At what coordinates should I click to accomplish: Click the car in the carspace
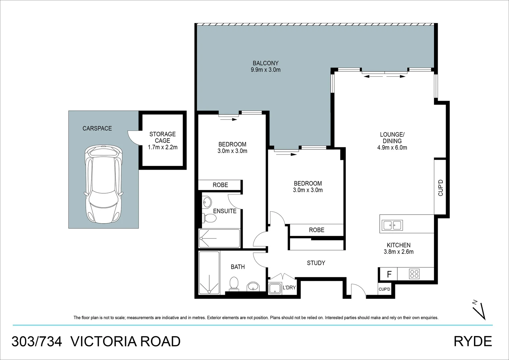click(x=103, y=184)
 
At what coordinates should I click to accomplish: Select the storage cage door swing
click(x=133, y=137)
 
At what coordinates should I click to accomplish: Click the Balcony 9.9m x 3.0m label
click(x=265, y=66)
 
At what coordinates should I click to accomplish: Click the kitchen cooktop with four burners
click(x=414, y=274)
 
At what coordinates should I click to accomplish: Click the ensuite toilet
click(x=210, y=218)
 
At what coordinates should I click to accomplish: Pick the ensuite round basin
click(x=207, y=202)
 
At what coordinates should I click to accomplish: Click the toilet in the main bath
click(x=234, y=283)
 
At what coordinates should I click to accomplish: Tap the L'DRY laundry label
click(x=289, y=287)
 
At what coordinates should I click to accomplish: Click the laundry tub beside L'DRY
click(x=275, y=288)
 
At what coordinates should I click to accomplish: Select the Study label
click(x=316, y=263)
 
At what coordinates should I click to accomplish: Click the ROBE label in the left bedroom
click(x=220, y=185)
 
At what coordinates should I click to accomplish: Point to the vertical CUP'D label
click(x=440, y=188)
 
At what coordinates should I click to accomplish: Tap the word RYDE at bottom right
click(x=473, y=342)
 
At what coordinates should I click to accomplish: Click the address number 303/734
click(x=37, y=342)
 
